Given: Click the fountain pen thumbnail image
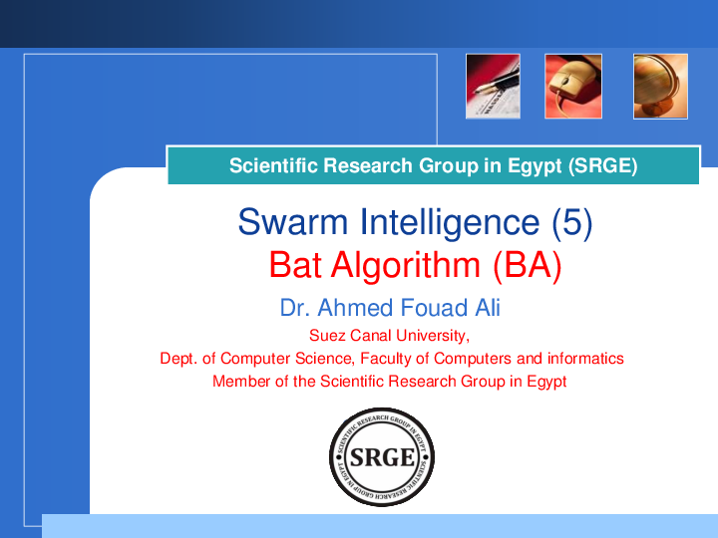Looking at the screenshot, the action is pyautogui.click(x=493, y=87).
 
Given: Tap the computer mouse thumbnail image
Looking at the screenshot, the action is pyautogui.click(x=573, y=87).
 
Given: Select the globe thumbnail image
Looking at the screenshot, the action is pyautogui.click(x=660, y=87).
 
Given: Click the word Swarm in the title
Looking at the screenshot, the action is pyautogui.click(x=293, y=222).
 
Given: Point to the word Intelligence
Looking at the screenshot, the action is pyautogui.click(x=450, y=223).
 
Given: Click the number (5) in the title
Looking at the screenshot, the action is pyautogui.click(x=572, y=223).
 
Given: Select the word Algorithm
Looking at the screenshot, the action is pyautogui.click(x=406, y=266).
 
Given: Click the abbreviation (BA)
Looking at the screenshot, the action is pyautogui.click(x=528, y=266).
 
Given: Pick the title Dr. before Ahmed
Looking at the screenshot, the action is pyautogui.click(x=295, y=308).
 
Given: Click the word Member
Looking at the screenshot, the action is pyautogui.click(x=241, y=381).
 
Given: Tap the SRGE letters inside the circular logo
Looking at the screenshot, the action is pyautogui.click(x=382, y=457).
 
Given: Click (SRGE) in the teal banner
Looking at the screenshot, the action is pyautogui.click(x=603, y=165).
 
